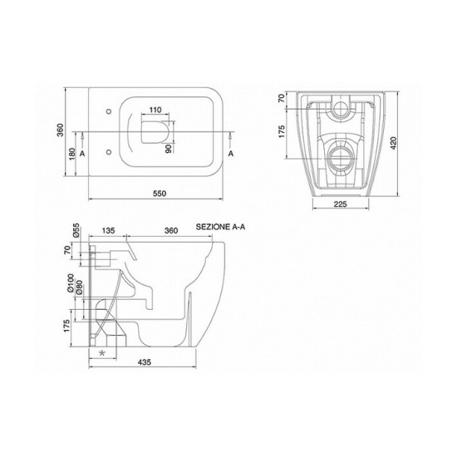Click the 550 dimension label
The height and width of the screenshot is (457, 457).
[x=160, y=194]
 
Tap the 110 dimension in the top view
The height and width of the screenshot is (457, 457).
[x=155, y=110]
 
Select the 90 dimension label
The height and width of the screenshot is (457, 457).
[x=169, y=149]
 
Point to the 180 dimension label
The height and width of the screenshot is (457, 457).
[x=72, y=154]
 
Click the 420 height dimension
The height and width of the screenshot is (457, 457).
[x=394, y=143]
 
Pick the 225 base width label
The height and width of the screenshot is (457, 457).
[x=341, y=204]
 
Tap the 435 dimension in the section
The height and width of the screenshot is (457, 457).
[x=145, y=362]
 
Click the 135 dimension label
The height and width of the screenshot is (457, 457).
[x=108, y=230]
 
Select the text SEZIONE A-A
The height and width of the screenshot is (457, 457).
[x=220, y=227]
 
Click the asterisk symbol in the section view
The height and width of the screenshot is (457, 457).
[x=102, y=353]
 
